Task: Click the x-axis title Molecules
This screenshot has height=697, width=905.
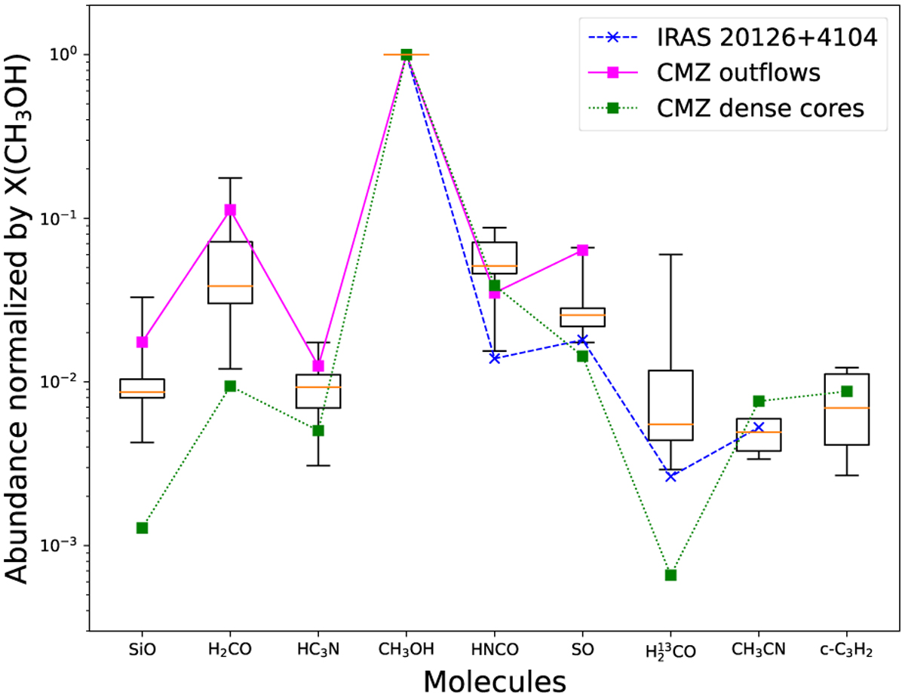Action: [494, 680]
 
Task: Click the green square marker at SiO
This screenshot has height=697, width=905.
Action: [142, 527]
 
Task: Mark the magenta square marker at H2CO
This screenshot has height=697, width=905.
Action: [230, 210]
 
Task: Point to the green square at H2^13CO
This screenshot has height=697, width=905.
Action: [670, 575]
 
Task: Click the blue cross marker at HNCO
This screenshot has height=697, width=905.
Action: [495, 358]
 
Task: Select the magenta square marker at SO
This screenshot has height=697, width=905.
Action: [582, 250]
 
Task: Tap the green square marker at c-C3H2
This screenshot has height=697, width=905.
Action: [847, 391]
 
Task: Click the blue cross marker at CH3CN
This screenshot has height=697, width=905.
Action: [759, 427]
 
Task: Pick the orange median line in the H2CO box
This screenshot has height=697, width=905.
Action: [230, 286]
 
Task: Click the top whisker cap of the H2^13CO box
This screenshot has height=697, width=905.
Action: [670, 255]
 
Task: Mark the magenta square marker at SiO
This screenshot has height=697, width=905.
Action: [142, 342]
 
